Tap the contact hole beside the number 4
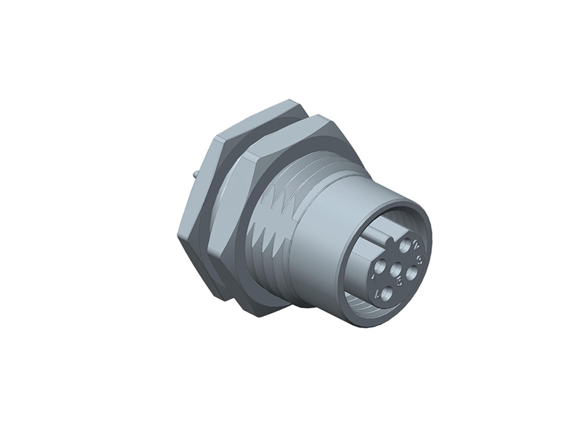click(387, 294)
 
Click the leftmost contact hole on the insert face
click(380, 265)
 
